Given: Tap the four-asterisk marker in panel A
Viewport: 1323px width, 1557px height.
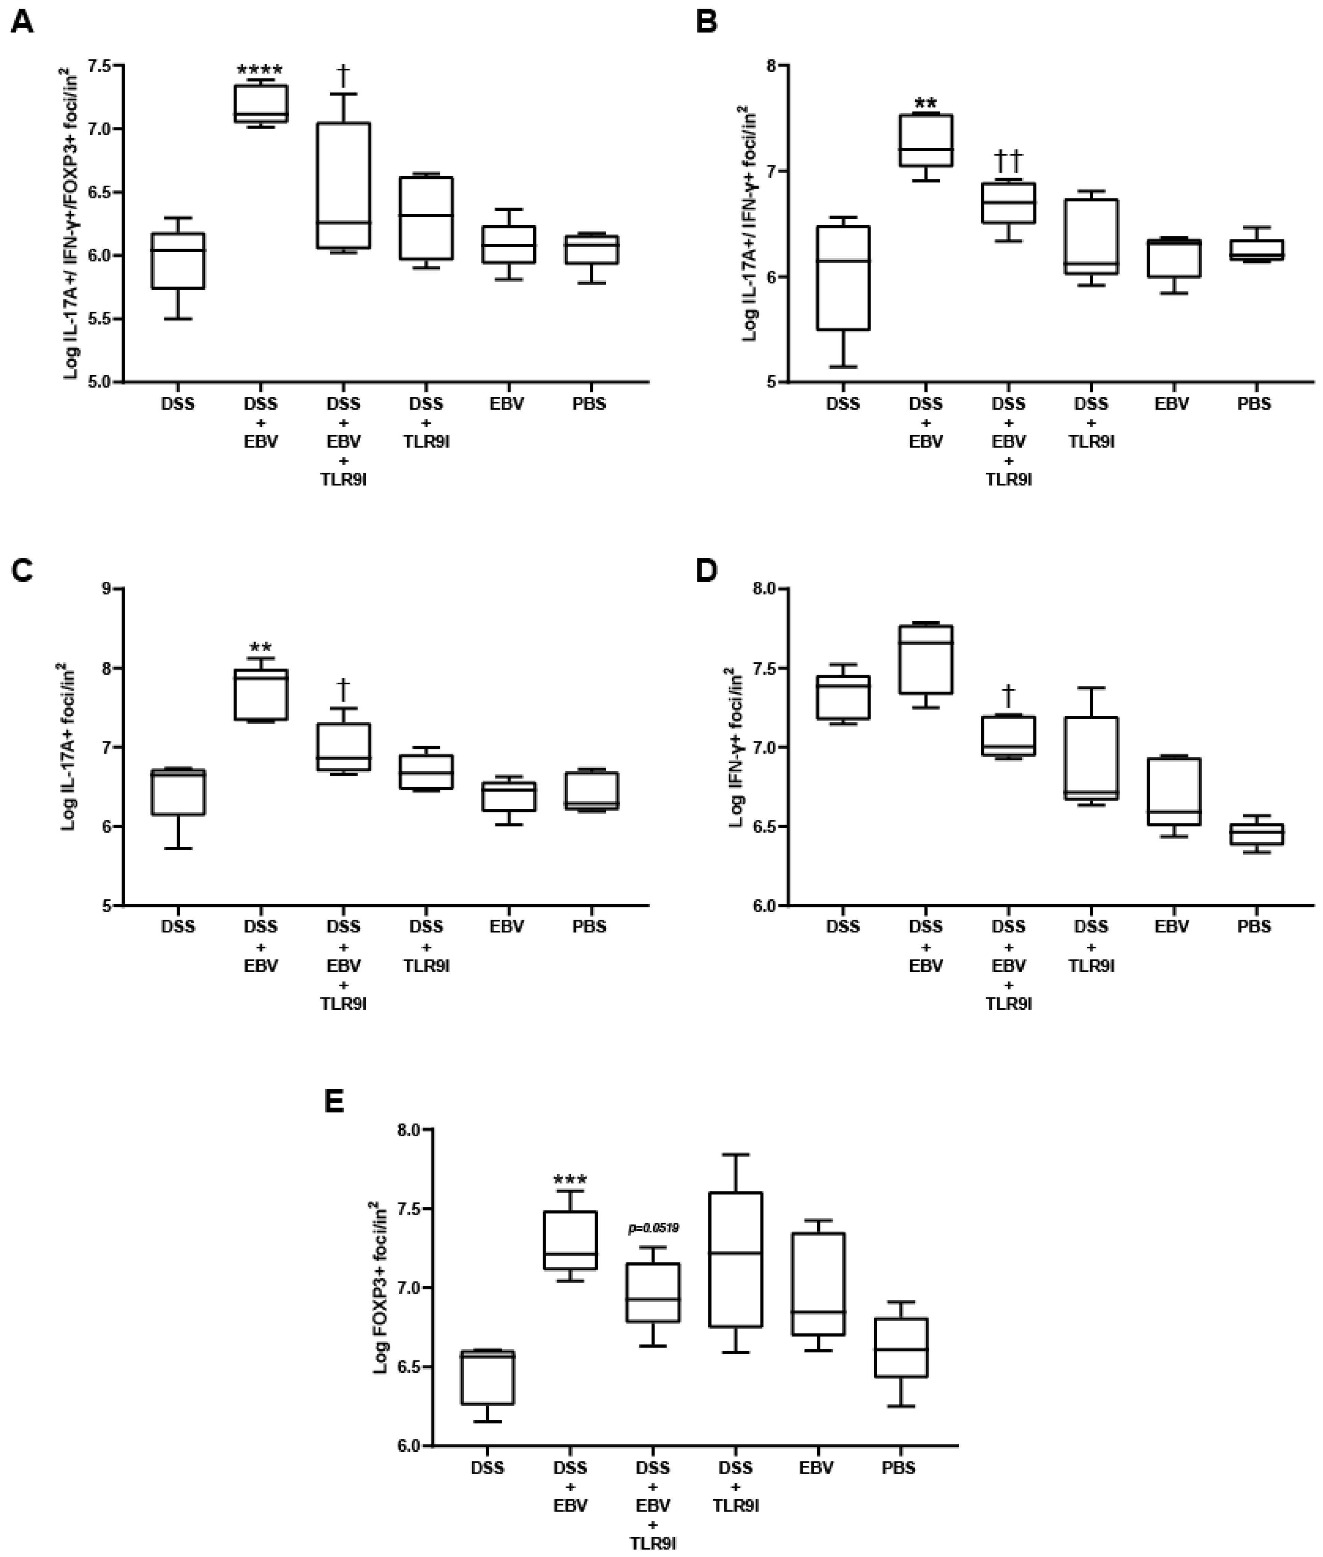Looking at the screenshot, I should (x=260, y=71).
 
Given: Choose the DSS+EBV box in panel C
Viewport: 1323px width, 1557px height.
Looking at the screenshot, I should (x=261, y=694).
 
